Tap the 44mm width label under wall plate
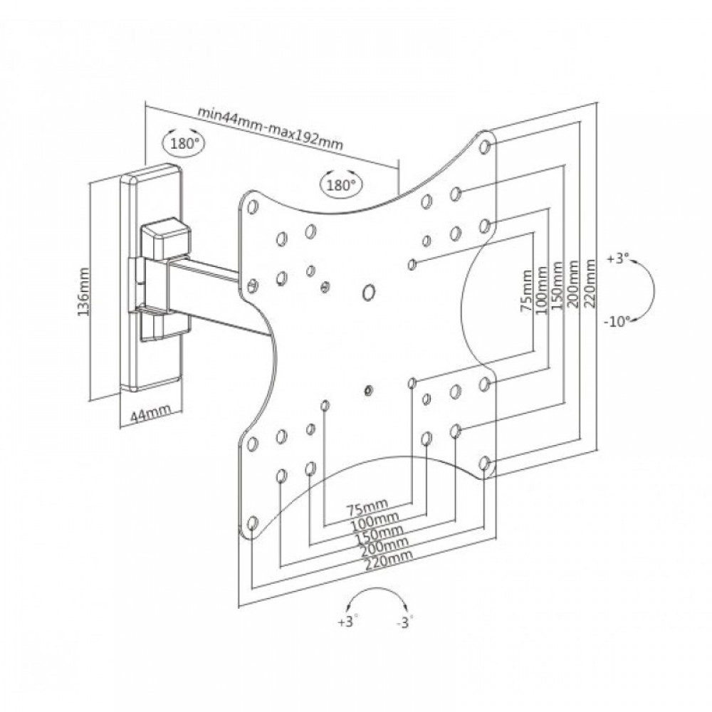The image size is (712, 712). click(x=150, y=412)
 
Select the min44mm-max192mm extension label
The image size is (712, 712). click(x=270, y=128)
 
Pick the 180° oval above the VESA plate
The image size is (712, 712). click(x=340, y=185)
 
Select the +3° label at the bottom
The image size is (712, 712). click(x=347, y=622)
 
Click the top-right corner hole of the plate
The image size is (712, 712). click(x=485, y=146)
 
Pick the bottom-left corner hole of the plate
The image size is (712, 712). click(x=253, y=525)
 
